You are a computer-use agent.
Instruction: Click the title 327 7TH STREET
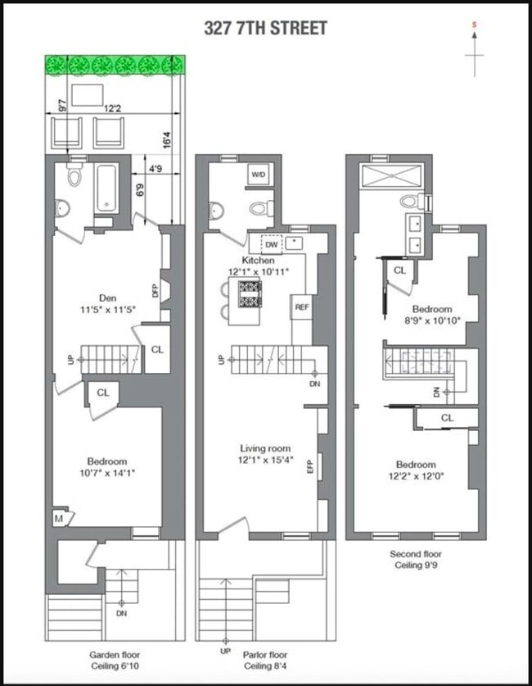[x=266, y=29]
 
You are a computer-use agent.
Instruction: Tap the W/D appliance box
[x=259, y=175]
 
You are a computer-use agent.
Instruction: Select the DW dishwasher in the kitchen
[x=272, y=243]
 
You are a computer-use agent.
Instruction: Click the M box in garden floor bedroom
[x=60, y=518]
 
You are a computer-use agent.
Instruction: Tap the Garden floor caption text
[x=114, y=655]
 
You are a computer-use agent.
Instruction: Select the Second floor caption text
[x=418, y=554]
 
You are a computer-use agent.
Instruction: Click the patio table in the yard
[x=87, y=95]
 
